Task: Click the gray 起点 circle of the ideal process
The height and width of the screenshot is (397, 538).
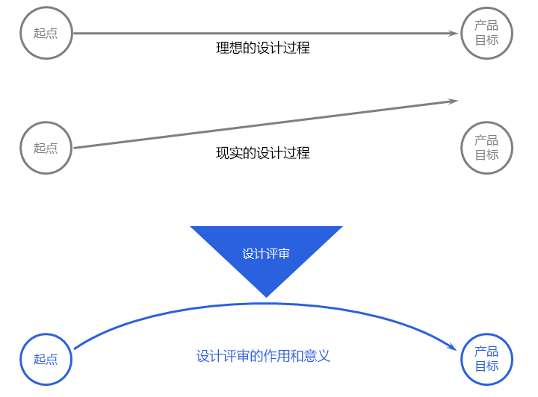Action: (46, 33)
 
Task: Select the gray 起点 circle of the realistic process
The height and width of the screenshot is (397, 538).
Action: (46, 148)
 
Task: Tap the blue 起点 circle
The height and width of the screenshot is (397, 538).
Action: (46, 359)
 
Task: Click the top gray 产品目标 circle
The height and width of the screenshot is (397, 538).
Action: (486, 33)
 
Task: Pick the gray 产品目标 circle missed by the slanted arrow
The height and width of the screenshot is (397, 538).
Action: (486, 148)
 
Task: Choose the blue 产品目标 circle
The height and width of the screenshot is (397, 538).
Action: (486, 359)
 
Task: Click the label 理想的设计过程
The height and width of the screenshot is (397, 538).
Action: (263, 49)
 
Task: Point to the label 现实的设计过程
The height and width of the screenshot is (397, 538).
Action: (263, 154)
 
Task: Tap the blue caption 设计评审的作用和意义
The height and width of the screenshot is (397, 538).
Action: (263, 356)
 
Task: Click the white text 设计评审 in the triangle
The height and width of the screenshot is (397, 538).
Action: (266, 254)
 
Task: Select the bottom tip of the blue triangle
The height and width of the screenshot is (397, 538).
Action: (266, 296)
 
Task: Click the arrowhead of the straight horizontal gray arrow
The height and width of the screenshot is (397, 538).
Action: (454, 33)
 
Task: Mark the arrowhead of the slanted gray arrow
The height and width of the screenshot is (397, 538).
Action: (453, 101)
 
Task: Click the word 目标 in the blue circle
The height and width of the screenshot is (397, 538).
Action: (486, 366)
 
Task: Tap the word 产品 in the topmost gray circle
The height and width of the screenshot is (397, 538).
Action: (486, 26)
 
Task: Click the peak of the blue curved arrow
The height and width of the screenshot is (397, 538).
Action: (267, 303)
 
